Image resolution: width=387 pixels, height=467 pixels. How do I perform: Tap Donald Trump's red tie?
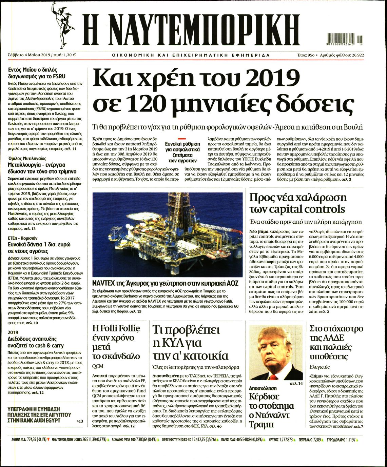click(x=274, y=377)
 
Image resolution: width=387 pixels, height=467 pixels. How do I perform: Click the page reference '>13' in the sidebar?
click(x=80, y=421)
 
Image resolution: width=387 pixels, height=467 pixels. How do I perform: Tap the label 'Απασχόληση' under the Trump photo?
click(x=263, y=388)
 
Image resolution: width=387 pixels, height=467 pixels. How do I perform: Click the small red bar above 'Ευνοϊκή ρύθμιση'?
click(x=182, y=139)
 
